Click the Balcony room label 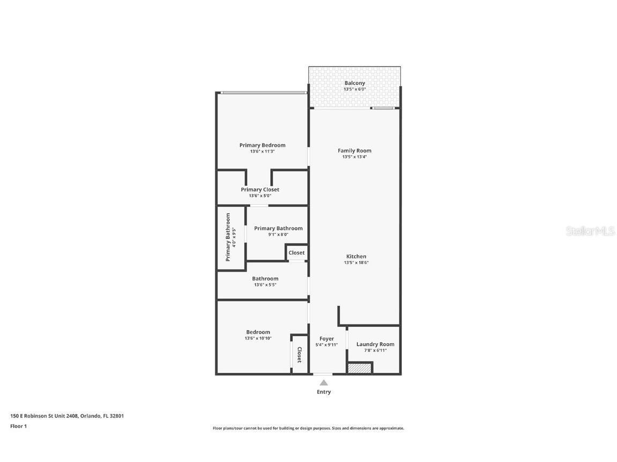[354, 83]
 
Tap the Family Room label [354, 150]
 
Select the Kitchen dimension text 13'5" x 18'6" [356, 263]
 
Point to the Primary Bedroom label [262, 145]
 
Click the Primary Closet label [260, 190]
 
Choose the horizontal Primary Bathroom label [278, 228]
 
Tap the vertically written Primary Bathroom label [228, 237]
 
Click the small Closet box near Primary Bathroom [296, 253]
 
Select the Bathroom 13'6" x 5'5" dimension [265, 285]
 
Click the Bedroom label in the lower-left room [258, 332]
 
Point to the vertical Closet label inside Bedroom [300, 354]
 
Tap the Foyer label [326, 338]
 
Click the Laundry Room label [375, 344]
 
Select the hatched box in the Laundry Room [359, 368]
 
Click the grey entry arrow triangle [324, 382]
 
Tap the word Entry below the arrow [324, 392]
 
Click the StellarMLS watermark [590, 231]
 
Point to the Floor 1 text [18, 426]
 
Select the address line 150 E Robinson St [67, 415]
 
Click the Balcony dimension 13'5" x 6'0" [354, 89]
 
